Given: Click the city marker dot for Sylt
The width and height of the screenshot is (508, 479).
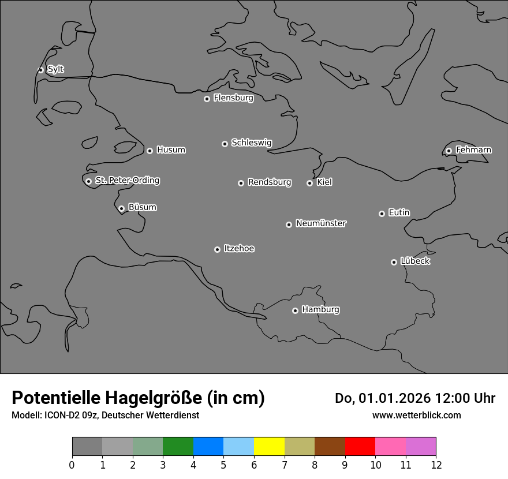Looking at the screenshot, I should pyautogui.click(x=41, y=70).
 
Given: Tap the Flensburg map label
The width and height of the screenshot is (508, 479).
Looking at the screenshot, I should pyautogui.click(x=233, y=98).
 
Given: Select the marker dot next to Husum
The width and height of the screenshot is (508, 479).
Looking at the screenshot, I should pyautogui.click(x=150, y=151).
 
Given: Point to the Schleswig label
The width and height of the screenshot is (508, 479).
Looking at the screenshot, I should pyautogui.click(x=251, y=143).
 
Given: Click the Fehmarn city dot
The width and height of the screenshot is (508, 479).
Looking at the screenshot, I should pyautogui.click(x=449, y=151).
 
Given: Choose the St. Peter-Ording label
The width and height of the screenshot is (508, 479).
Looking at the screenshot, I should pyautogui.click(x=127, y=181).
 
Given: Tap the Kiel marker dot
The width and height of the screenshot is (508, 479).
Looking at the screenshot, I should pyautogui.click(x=309, y=183).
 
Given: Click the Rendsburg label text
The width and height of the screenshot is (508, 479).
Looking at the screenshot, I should pyautogui.click(x=270, y=182).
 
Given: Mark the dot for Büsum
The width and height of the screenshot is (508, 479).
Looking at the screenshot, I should pyautogui.click(x=121, y=208).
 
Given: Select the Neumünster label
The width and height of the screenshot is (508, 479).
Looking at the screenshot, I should pyautogui.click(x=320, y=223).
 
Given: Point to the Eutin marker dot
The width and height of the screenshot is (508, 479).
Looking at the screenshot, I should pyautogui.click(x=382, y=214).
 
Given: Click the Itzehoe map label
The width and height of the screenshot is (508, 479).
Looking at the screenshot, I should pyautogui.click(x=239, y=249).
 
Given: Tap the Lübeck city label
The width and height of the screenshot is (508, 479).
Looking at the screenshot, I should pyautogui.click(x=415, y=261).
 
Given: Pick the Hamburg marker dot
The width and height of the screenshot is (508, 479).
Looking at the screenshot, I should pyautogui.click(x=295, y=310).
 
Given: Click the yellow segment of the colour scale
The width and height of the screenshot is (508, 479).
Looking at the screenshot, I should pyautogui.click(x=269, y=447).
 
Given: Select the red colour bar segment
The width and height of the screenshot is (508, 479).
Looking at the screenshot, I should pyautogui.click(x=360, y=447).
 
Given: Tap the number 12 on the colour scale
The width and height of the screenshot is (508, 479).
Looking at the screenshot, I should pyautogui.click(x=436, y=463).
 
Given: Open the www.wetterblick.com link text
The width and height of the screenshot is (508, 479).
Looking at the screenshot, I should pyautogui.click(x=416, y=415).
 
